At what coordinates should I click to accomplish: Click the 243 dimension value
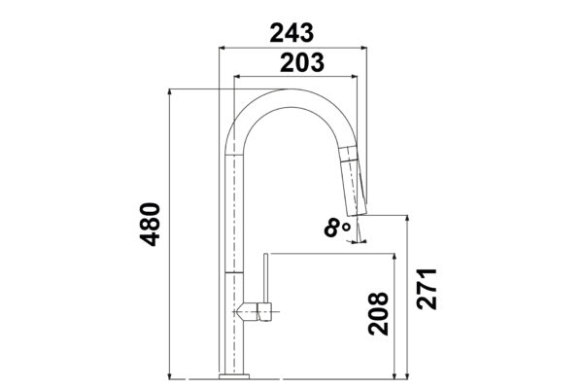point(291,33)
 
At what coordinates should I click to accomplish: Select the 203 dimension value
point(302,62)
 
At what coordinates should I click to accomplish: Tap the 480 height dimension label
point(151,224)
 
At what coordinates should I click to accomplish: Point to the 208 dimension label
point(379,313)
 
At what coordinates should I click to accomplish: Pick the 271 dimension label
point(427,289)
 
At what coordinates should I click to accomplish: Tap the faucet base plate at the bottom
point(234,376)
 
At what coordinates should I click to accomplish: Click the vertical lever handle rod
point(266,278)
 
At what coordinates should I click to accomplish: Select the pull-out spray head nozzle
point(354,181)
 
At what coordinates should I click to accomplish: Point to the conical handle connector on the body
point(250,311)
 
